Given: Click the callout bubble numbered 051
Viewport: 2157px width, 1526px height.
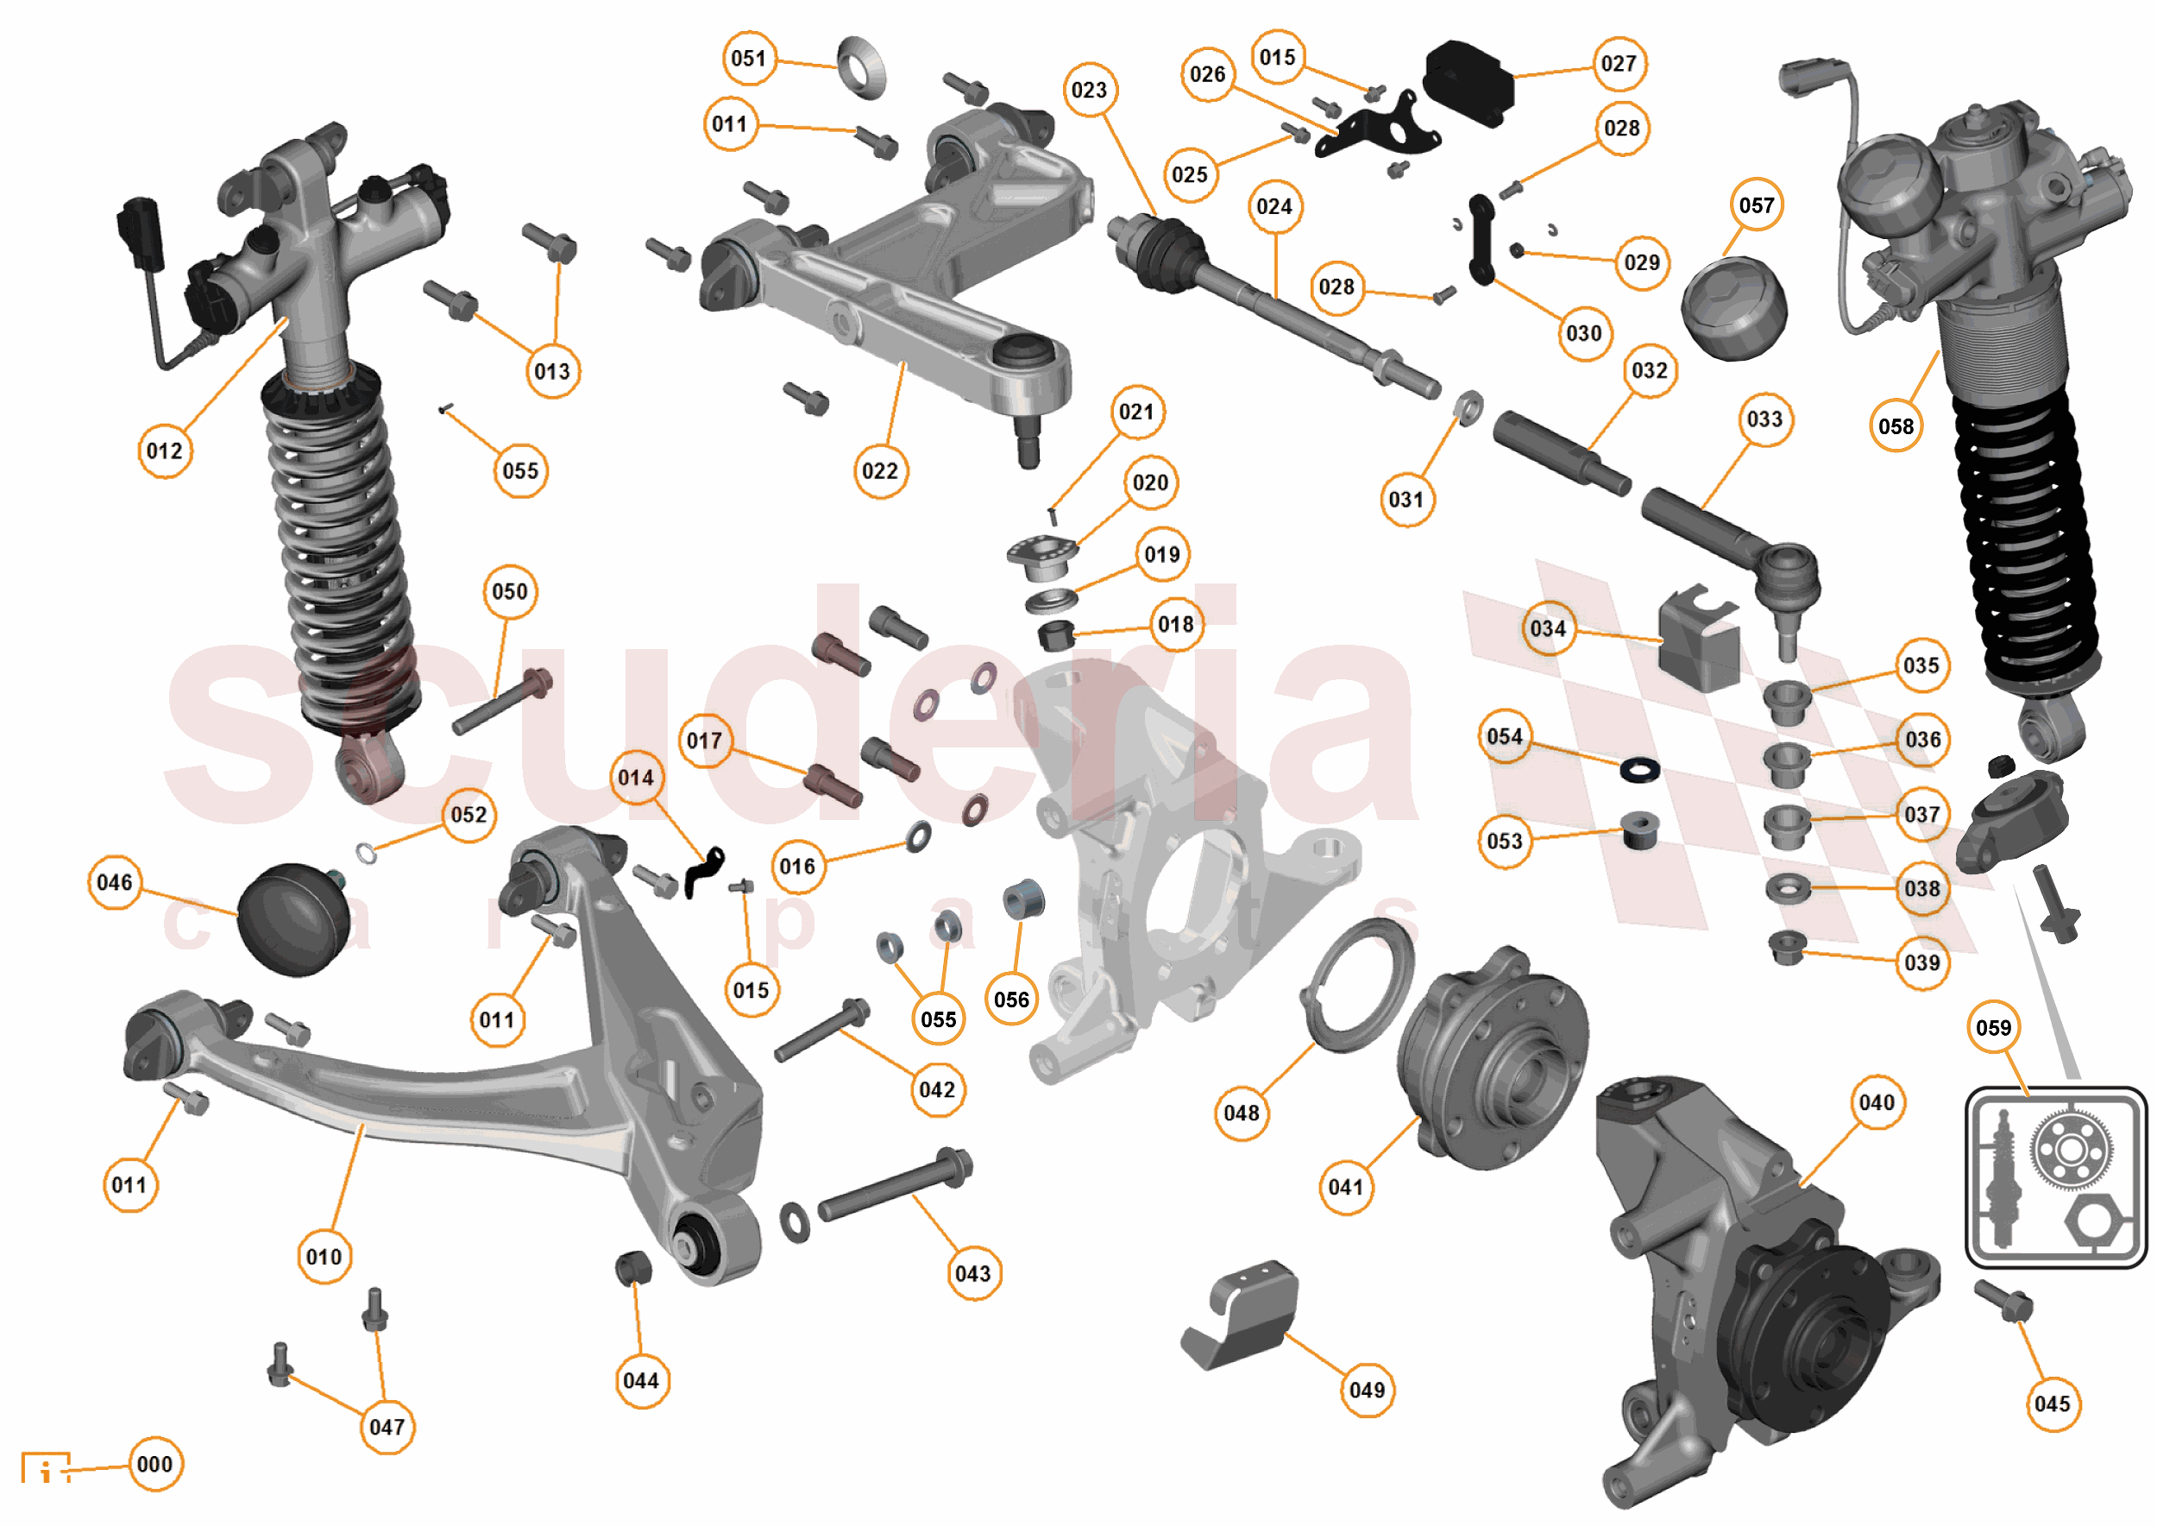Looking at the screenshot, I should (x=749, y=58).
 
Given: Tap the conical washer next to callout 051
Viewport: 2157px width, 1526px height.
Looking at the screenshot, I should (x=860, y=66).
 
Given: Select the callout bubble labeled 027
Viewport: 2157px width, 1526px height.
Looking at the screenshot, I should (x=1618, y=63).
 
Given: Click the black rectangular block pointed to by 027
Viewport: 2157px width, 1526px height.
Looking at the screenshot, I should (x=1468, y=82).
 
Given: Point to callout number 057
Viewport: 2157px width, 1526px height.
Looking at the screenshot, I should (x=1756, y=205).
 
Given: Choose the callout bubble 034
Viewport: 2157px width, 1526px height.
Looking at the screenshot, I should (x=1547, y=627).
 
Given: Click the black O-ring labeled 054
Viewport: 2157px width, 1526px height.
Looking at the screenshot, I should (x=1639, y=770).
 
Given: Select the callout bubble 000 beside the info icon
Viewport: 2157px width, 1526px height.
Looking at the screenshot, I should (x=155, y=1463).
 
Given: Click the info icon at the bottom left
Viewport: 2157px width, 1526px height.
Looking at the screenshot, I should (x=45, y=1469).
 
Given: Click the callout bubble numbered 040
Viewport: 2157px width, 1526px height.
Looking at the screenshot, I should (x=1876, y=1101).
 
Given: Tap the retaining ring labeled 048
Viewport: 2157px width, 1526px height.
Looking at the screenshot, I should (x=1356, y=986).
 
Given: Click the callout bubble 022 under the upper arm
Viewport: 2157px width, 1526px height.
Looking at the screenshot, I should (x=879, y=470).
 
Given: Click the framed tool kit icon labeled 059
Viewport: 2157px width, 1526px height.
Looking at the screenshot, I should (x=2054, y=1176).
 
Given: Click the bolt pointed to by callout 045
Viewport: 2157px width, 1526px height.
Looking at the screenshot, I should (x=2004, y=1302).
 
